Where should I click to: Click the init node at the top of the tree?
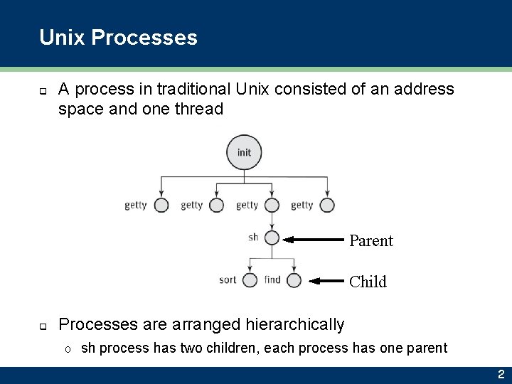click(x=244, y=153)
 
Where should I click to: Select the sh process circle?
click(x=272, y=238)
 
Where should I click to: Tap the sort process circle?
click(x=250, y=280)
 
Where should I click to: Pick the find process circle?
click(x=294, y=280)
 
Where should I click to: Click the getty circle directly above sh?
click(x=272, y=206)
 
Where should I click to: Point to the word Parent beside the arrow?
click(x=371, y=240)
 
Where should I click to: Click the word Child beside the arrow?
click(x=368, y=282)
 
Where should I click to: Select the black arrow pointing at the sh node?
click(x=314, y=240)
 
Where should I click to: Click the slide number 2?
click(x=501, y=375)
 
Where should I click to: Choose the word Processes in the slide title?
click(x=144, y=37)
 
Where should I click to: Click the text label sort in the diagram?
click(x=228, y=280)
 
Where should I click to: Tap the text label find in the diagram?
click(x=272, y=280)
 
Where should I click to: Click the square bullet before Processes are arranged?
click(x=43, y=326)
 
